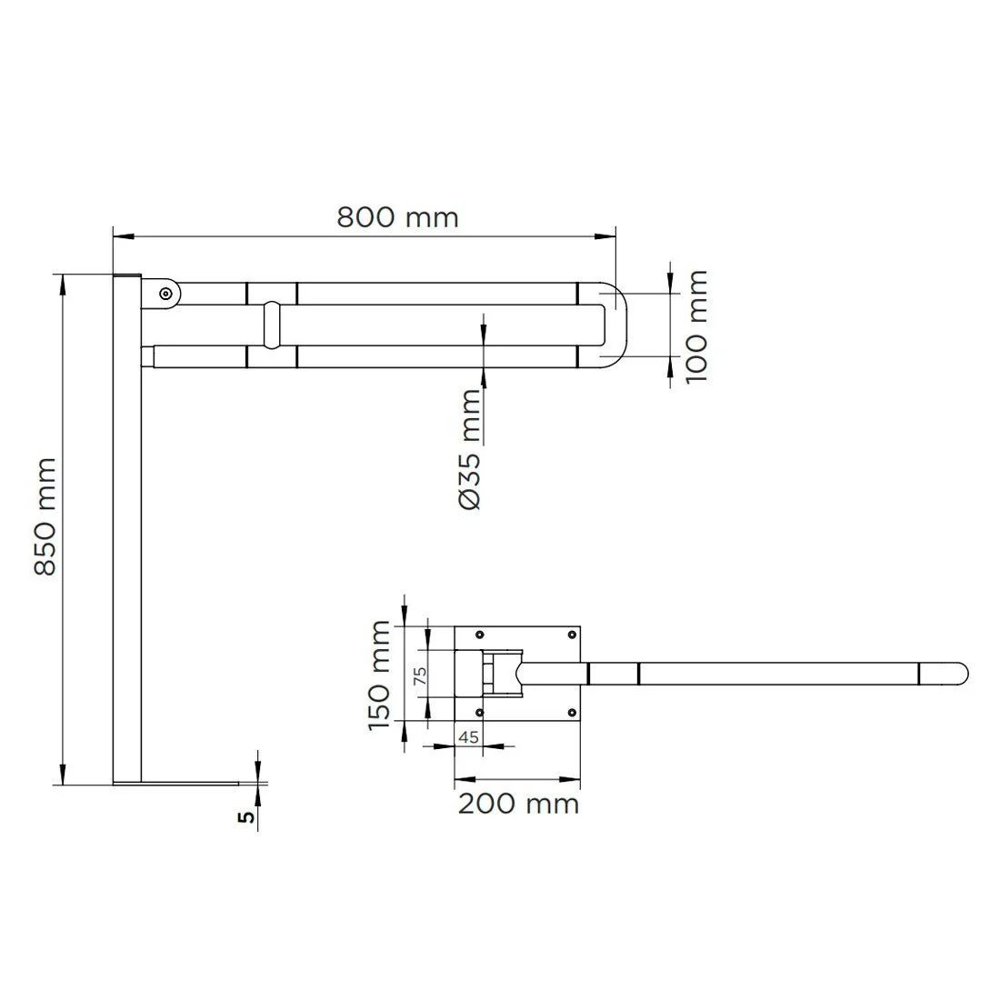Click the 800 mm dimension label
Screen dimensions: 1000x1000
pyautogui.click(x=397, y=217)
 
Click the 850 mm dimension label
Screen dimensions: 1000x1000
pyautogui.click(x=45, y=516)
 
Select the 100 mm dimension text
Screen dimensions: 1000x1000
pyautogui.click(x=696, y=325)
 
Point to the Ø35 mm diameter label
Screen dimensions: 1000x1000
pyautogui.click(x=470, y=449)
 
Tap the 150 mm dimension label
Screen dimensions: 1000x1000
pyautogui.click(x=379, y=675)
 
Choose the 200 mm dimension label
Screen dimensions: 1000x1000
pyautogui.click(x=518, y=804)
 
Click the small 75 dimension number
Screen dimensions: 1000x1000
pyautogui.click(x=420, y=676)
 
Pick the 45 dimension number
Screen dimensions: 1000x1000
pyautogui.click(x=469, y=736)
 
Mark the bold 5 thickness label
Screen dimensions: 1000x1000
pyautogui.click(x=246, y=816)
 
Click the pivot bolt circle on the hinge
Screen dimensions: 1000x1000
pyautogui.click(x=165, y=294)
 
